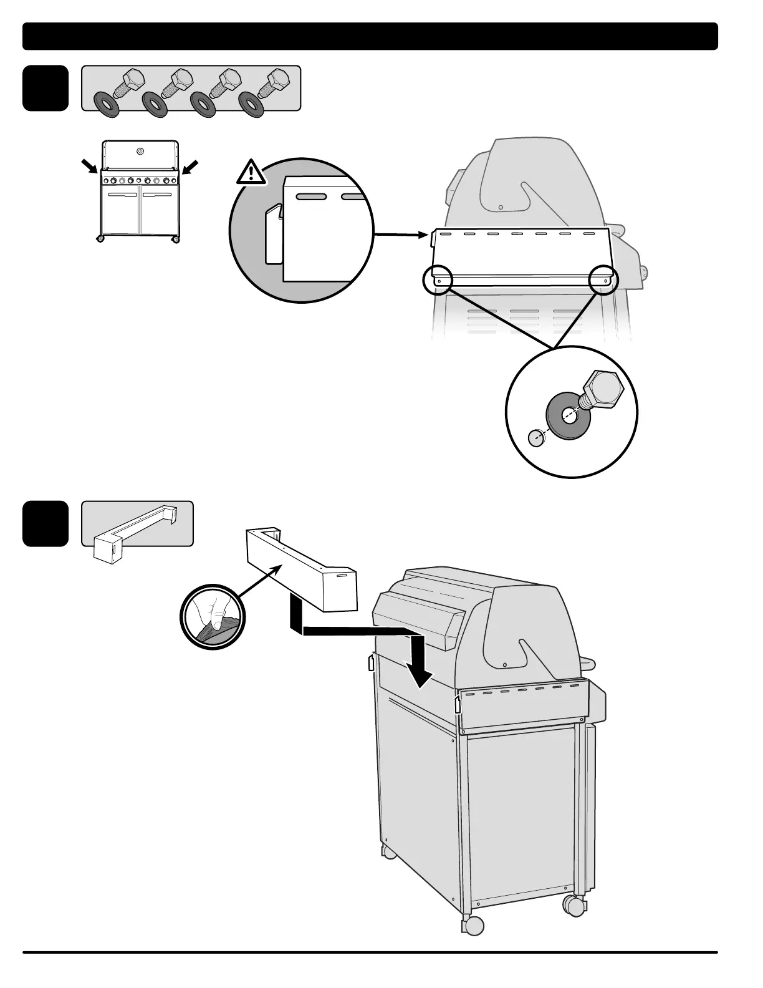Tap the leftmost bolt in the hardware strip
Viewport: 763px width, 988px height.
pyautogui.click(x=130, y=82)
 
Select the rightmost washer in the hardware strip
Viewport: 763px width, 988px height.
pyautogui.click(x=252, y=105)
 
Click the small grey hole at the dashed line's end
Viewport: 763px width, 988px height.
pyautogui.click(x=536, y=438)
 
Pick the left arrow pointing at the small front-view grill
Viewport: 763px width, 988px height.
pyautogui.click(x=90, y=167)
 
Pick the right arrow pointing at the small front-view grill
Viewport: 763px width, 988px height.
pyautogui.click(x=191, y=167)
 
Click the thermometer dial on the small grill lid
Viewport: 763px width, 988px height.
pyautogui.click(x=140, y=151)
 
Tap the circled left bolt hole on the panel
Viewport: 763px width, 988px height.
pyautogui.click(x=438, y=281)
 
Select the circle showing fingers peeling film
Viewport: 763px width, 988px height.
pyautogui.click(x=210, y=617)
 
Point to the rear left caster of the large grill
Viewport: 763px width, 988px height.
pyautogui.click(x=390, y=851)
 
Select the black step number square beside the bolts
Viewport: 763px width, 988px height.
pyautogui.click(x=46, y=88)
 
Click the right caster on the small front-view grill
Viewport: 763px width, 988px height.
pyautogui.click(x=176, y=239)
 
